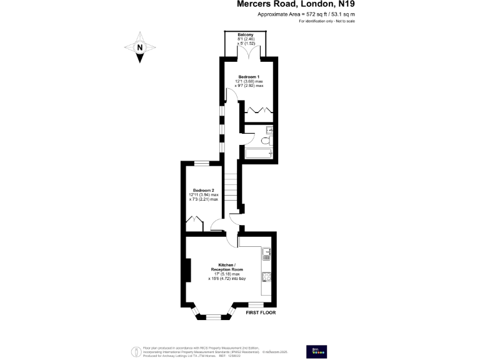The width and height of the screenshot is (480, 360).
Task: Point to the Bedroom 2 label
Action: coord(204,190)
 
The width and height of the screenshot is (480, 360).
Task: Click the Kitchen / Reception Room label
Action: coord(226,267)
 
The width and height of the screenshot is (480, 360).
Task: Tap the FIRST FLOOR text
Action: coord(261,312)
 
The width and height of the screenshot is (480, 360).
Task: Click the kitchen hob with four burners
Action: coord(266,276)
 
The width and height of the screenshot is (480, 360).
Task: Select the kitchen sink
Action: coord(267,254)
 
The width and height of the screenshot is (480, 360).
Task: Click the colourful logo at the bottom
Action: coord(314,351)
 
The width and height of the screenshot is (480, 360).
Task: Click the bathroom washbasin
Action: coord(269,131)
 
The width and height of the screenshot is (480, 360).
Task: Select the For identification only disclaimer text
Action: coord(326,22)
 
